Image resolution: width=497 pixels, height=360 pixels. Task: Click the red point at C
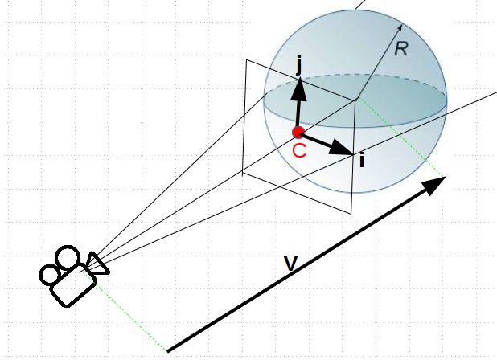click(x=298, y=132)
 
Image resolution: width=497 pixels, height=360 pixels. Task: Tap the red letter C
click(x=299, y=150)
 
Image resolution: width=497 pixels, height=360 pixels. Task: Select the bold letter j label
click(x=298, y=64)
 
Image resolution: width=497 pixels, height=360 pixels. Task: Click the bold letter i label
click(x=362, y=160)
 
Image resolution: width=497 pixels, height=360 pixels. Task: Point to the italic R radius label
click(x=401, y=49)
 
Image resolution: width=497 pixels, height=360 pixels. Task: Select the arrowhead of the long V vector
click(x=435, y=185)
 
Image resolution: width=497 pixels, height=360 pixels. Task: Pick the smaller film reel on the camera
click(x=50, y=275)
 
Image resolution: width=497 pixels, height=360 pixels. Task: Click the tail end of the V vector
click(x=167, y=350)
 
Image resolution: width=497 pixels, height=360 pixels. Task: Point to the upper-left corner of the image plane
click(x=247, y=60)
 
